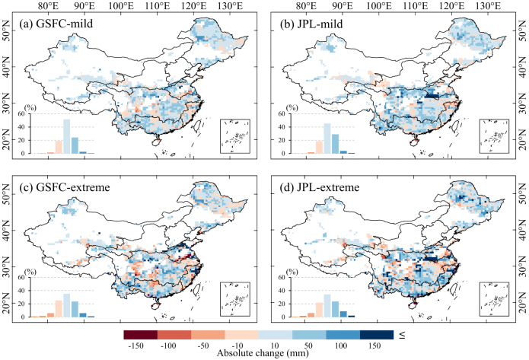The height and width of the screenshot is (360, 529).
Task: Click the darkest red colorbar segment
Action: [140, 334]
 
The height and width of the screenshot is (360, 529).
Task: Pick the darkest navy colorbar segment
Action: [378, 334]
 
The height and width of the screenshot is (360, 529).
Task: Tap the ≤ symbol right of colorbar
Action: [401, 334]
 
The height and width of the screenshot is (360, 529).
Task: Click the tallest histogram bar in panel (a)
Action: [66, 136]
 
